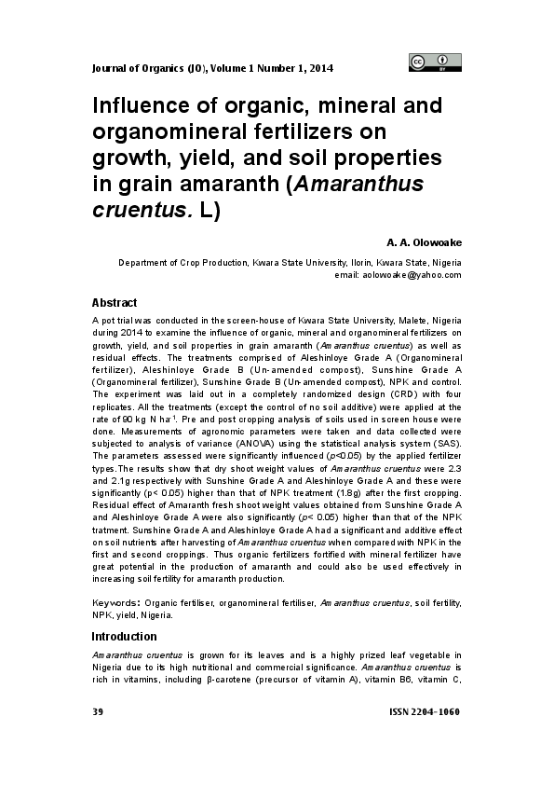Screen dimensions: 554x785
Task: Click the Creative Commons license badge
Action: tap(435, 62)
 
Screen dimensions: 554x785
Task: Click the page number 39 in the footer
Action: tap(97, 712)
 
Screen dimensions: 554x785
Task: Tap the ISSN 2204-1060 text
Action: tap(424, 712)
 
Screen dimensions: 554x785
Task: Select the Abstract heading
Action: tap(114, 303)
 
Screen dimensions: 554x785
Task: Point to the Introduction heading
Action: tap(124, 636)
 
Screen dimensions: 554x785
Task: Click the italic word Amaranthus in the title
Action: tap(358, 182)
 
